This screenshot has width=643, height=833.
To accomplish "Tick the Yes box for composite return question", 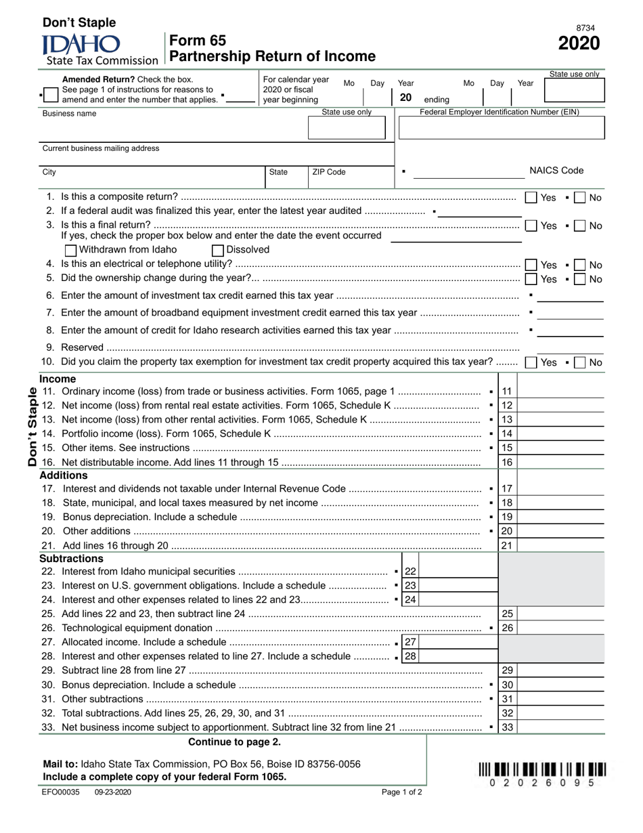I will [x=531, y=198].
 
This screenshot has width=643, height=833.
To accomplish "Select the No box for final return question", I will [x=579, y=226].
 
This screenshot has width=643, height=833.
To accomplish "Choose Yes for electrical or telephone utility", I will [x=531, y=265].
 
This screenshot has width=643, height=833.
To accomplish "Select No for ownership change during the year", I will [x=579, y=279].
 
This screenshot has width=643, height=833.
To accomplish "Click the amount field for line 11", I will [x=560, y=391].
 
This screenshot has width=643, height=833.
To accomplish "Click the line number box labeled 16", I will [x=507, y=463].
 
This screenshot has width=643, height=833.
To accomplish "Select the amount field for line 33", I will [x=560, y=727].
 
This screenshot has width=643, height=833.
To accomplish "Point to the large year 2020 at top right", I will [x=578, y=44].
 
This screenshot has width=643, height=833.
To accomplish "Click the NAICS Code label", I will [x=556, y=171].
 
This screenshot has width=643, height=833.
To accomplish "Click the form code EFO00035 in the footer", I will [x=61, y=792].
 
